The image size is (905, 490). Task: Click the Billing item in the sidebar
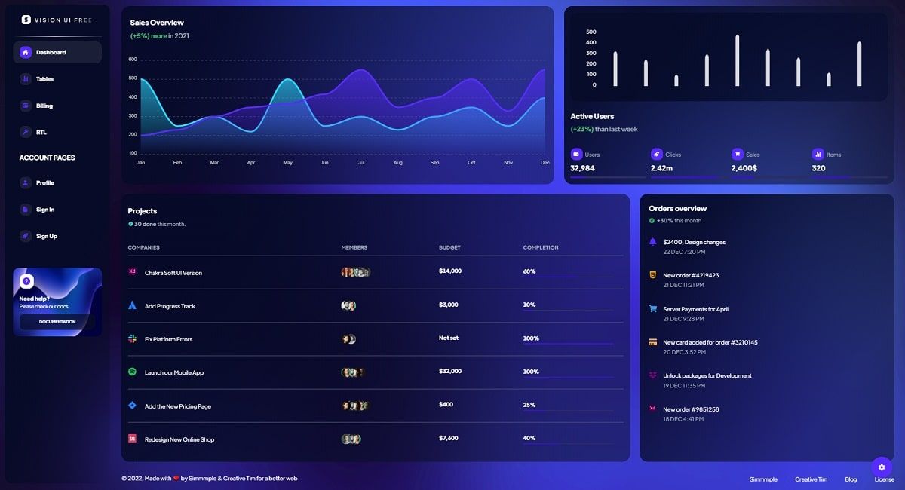[44, 106]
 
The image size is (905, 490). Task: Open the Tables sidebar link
[44, 79]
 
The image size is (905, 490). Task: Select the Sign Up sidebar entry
[46, 236]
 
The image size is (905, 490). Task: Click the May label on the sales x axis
[287, 163]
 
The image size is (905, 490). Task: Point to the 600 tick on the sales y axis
[133, 60]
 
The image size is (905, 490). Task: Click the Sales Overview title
[157, 23]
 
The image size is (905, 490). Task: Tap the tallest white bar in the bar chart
[737, 60]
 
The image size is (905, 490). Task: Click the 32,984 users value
[582, 168]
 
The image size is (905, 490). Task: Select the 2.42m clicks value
[661, 168]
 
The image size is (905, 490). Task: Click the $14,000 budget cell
[450, 271]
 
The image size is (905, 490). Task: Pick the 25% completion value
[529, 405]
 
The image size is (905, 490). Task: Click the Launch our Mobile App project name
[174, 372]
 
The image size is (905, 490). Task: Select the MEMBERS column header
[354, 247]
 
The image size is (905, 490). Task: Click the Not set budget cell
[449, 338]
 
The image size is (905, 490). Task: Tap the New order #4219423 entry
[691, 275]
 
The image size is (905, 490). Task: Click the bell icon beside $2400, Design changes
[652, 242]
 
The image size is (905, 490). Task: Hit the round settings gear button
[882, 467]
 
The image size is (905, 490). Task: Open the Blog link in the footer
[851, 479]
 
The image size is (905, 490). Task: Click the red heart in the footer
[176, 478]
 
